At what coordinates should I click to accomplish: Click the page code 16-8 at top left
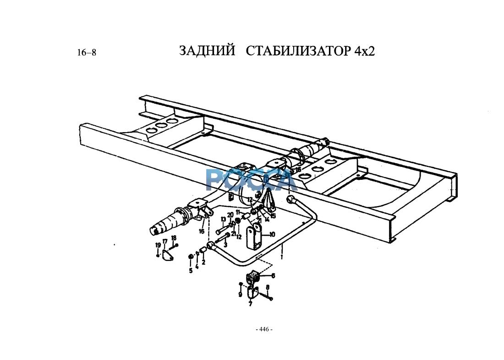[x=87, y=53]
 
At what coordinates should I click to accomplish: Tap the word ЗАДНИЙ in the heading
[x=207, y=50]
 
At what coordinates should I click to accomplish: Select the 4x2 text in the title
[x=365, y=51]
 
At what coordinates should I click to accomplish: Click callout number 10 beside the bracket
[x=272, y=234]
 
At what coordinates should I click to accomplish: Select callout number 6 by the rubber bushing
[x=274, y=276]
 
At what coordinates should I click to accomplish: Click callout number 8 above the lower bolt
[x=268, y=288]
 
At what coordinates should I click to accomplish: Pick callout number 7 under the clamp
[x=250, y=304]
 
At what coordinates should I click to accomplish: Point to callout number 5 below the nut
[x=191, y=271]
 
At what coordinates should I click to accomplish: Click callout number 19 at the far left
[x=157, y=245]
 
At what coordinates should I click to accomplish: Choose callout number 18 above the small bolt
[x=174, y=238]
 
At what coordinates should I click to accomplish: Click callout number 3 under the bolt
[x=225, y=245]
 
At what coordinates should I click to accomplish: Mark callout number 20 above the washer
[x=230, y=215]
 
